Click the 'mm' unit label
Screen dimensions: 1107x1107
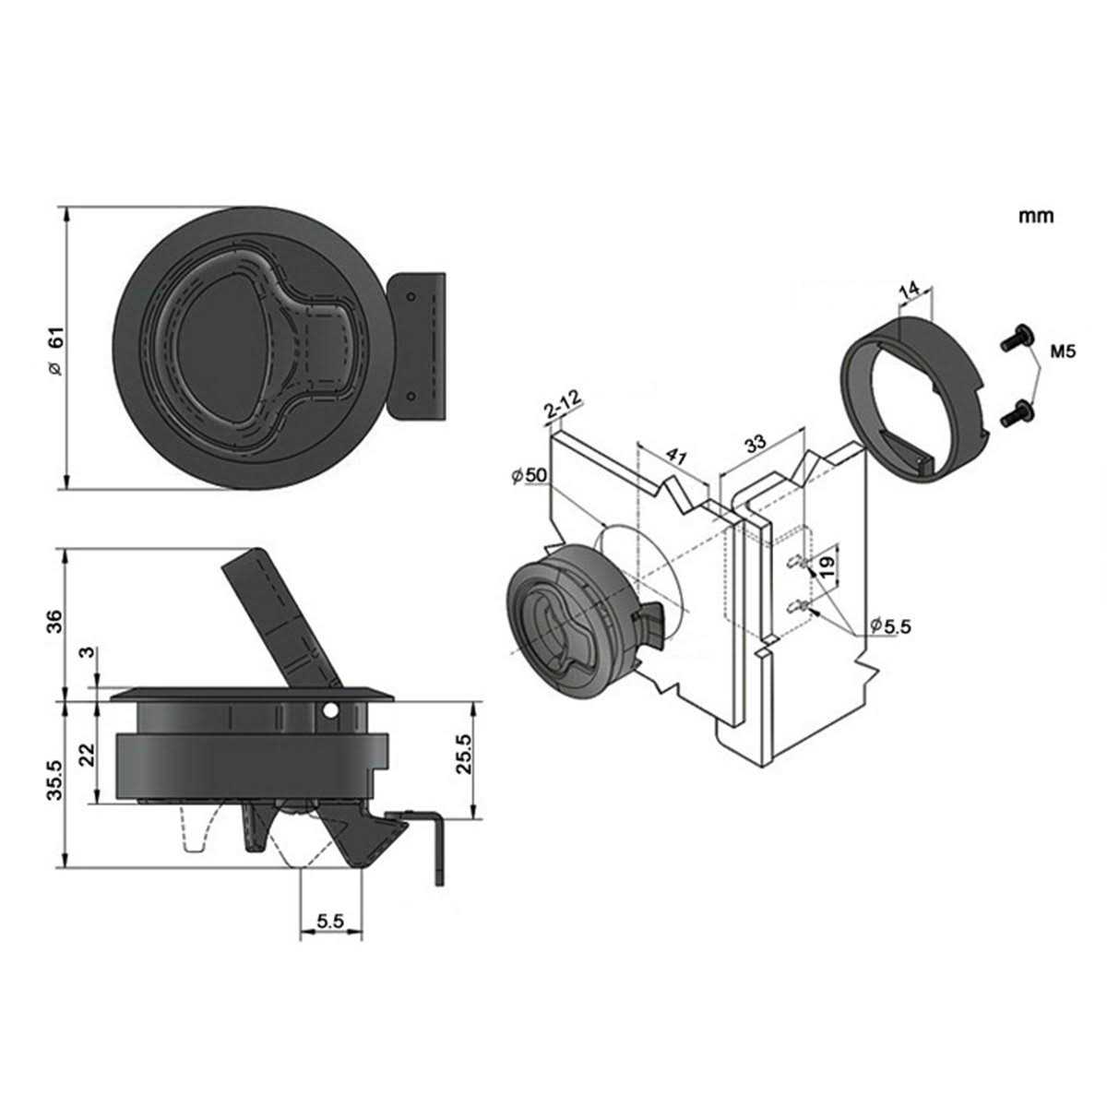[1035, 217]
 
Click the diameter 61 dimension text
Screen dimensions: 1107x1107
[54, 353]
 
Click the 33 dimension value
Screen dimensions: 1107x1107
[756, 444]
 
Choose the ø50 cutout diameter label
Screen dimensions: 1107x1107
[530, 475]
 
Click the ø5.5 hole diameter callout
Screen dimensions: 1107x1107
[890, 625]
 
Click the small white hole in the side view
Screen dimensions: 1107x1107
[330, 712]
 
